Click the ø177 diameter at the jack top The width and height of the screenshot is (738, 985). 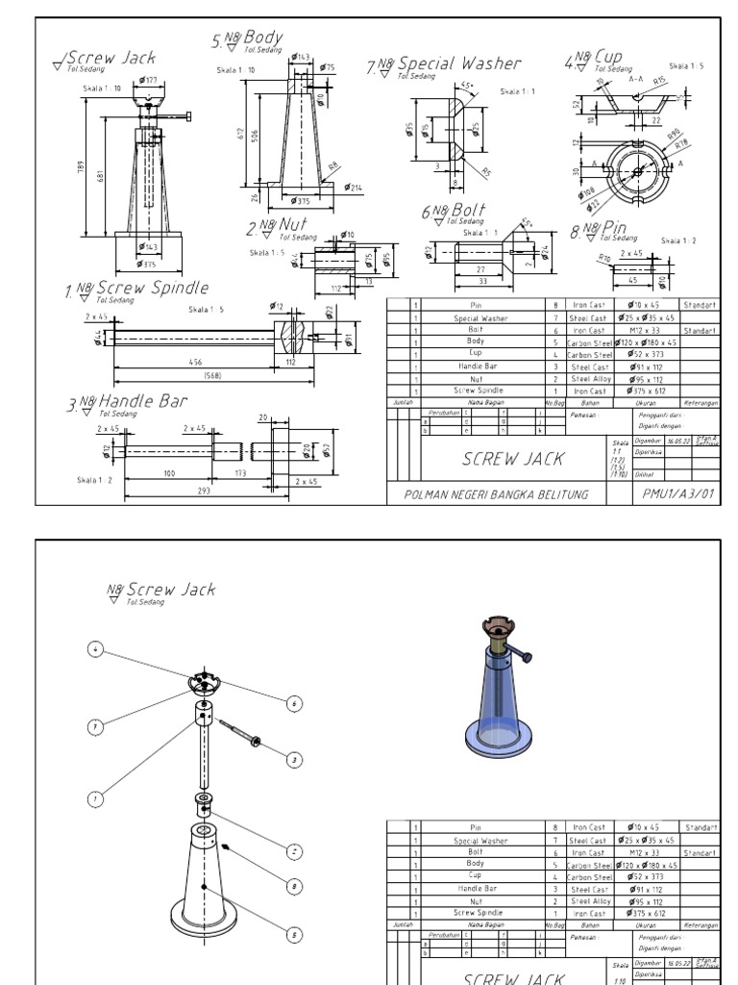pos(149,80)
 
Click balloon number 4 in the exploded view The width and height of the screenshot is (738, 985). pos(94,649)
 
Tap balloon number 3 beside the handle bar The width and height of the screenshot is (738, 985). pos(295,759)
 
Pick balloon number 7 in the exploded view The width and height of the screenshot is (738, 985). pos(94,727)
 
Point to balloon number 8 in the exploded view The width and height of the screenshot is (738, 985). pos(295,885)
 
